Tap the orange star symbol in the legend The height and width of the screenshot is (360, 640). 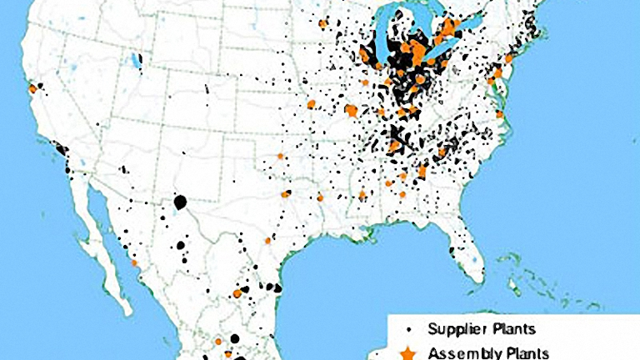(407, 352)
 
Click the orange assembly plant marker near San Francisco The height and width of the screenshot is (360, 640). (32, 87)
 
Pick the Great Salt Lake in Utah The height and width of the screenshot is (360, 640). (133, 62)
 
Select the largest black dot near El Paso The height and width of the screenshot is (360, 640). (179, 202)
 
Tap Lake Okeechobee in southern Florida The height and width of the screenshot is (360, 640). (476, 266)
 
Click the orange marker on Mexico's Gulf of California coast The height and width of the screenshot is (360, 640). (134, 262)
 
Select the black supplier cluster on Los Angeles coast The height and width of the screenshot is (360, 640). (61, 151)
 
